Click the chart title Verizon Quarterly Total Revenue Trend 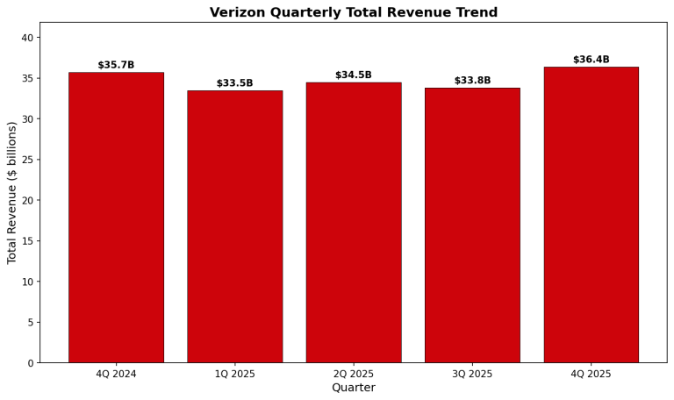(x=353, y=12)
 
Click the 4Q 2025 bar (x=591, y=214)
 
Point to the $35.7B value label (x=116, y=65)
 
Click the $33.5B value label (x=234, y=83)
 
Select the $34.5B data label (x=354, y=75)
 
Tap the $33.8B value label (x=472, y=81)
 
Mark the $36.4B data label (x=591, y=60)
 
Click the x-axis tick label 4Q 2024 (x=116, y=374)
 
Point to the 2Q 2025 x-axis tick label (x=354, y=374)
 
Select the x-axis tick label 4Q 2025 (x=591, y=374)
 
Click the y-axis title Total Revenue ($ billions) (x=12, y=192)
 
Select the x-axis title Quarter (x=353, y=388)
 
